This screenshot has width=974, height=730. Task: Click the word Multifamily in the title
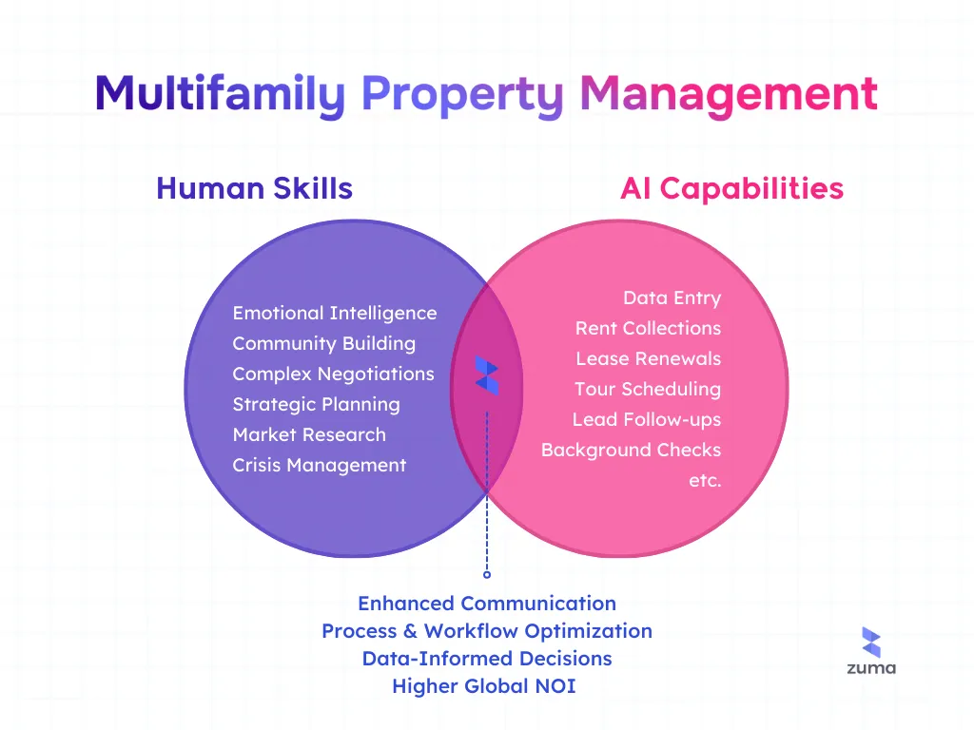pyautogui.click(x=221, y=95)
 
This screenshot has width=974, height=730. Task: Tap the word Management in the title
pyautogui.click(x=728, y=95)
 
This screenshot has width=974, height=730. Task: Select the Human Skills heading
pyautogui.click(x=254, y=188)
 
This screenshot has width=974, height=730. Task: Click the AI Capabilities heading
pyautogui.click(x=731, y=188)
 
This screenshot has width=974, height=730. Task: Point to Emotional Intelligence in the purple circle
pyautogui.click(x=334, y=313)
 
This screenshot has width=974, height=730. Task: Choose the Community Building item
pyautogui.click(x=323, y=343)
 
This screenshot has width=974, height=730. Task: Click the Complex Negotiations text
pyautogui.click(x=333, y=374)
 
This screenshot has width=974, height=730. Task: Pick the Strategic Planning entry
pyautogui.click(x=316, y=404)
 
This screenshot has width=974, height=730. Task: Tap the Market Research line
pyautogui.click(x=309, y=434)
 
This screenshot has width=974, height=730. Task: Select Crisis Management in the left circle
pyautogui.click(x=319, y=465)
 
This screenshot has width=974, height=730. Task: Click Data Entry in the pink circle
pyautogui.click(x=672, y=298)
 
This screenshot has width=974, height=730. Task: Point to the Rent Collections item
pyautogui.click(x=648, y=328)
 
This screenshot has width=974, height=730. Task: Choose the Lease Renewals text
pyautogui.click(x=648, y=358)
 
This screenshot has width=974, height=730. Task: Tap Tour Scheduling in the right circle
pyautogui.click(x=647, y=389)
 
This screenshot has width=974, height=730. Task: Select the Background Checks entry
pyautogui.click(x=631, y=450)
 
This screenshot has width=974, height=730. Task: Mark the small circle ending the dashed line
pyautogui.click(x=487, y=574)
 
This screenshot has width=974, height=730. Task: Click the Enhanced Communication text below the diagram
pyautogui.click(x=487, y=604)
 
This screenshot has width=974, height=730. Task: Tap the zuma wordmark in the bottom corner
pyautogui.click(x=871, y=668)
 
